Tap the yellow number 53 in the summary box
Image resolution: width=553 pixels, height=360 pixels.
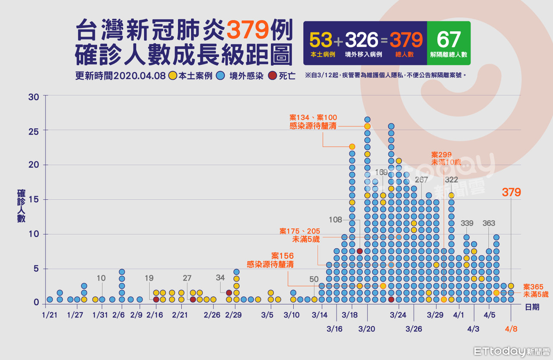pos(321,40)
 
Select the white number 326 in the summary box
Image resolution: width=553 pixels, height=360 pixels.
pos(362,40)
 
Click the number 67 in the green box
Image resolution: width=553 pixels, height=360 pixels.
pos(448,40)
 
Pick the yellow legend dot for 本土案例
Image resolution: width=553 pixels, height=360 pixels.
pos(172,76)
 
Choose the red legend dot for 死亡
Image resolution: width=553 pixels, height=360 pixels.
pos(273,76)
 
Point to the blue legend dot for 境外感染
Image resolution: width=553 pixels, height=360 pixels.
pos(220,76)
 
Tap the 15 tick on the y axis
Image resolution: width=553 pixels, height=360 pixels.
pos(34,200)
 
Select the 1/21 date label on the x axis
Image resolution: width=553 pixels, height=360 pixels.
pos(50,315)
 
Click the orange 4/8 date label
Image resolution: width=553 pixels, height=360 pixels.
pos(512,329)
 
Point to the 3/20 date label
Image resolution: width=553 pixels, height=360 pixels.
pos(367,329)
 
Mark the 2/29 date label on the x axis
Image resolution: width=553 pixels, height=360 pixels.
pos(234,315)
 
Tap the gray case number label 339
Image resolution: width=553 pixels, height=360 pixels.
pos(467,224)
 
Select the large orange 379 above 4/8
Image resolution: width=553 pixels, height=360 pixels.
pos(512,193)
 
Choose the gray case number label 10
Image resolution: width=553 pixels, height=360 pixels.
pos(101,278)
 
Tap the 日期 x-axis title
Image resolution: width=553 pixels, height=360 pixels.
pos(532,307)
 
